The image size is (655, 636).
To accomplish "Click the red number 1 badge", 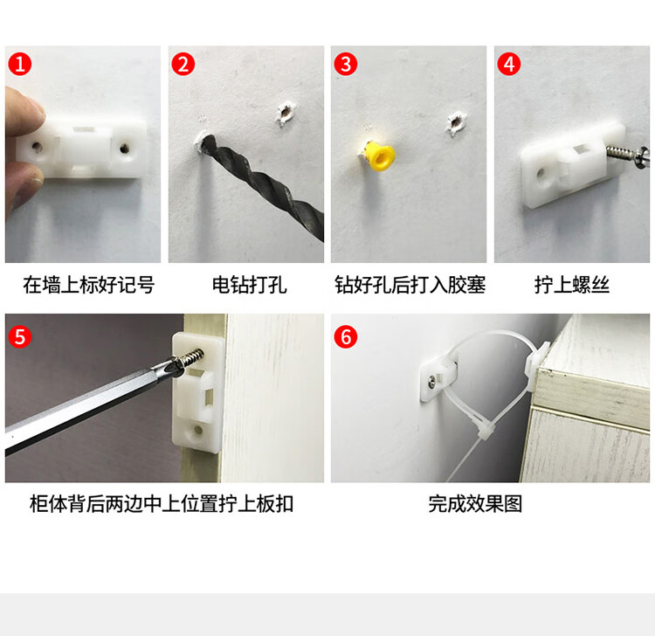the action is click(19, 65).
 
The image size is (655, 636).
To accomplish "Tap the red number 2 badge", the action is click(183, 65).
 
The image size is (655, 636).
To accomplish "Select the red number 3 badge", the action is click(346, 65).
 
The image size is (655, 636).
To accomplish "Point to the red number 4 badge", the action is click(509, 65).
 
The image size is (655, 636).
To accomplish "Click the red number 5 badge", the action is click(19, 337).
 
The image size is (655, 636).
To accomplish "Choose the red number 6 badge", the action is click(346, 337).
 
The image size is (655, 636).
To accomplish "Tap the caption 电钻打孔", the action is click(250, 286).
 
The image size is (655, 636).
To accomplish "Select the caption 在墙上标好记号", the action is click(88, 286).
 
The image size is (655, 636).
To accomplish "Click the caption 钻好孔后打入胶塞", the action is click(410, 286).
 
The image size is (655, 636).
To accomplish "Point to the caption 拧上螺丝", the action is click(572, 286).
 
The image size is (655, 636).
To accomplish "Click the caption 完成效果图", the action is click(475, 504).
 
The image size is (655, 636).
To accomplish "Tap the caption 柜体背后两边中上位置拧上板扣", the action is click(162, 504).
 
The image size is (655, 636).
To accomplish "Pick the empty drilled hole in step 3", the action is click(456, 122).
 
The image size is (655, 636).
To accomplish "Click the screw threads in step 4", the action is click(617, 152).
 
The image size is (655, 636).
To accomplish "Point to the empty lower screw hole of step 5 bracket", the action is click(198, 430).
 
